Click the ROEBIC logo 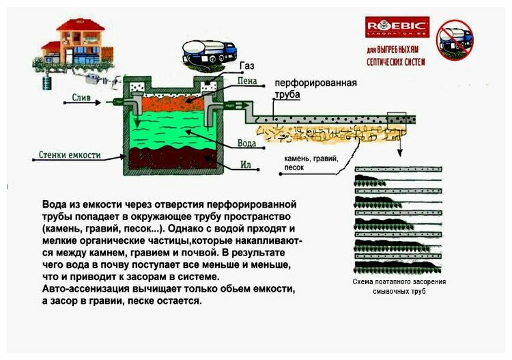397,27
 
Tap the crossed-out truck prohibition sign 455,40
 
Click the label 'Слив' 81,97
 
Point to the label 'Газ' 246,66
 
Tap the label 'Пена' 246,81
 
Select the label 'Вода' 246,143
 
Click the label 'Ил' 246,165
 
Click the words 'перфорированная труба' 316,89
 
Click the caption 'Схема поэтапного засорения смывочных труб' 399,286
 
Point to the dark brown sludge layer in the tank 170,158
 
